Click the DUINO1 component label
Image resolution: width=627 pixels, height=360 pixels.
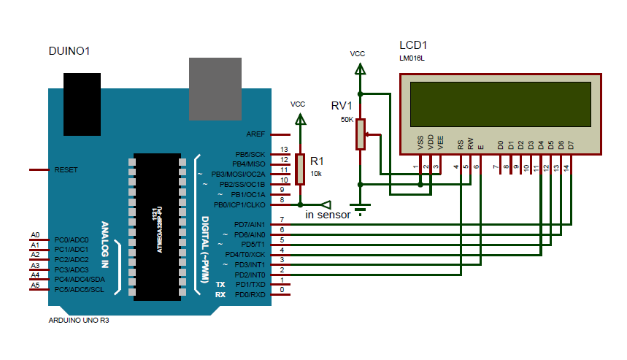(x=69, y=51)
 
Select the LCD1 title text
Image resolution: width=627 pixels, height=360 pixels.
(x=414, y=45)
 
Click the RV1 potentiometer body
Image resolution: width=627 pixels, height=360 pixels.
(x=360, y=134)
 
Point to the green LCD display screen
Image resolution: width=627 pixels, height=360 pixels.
(x=501, y=104)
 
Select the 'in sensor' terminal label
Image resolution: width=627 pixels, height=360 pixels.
(x=328, y=215)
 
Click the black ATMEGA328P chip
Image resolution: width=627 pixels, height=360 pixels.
(x=157, y=226)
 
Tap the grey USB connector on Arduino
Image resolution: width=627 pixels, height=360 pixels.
(x=215, y=88)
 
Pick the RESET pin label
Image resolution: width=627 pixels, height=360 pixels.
(x=66, y=169)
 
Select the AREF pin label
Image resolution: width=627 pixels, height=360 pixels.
(x=255, y=135)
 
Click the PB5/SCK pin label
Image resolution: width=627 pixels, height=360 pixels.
(x=250, y=155)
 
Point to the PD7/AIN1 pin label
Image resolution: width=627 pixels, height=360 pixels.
(x=250, y=224)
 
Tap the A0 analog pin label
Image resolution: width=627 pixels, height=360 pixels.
(x=34, y=234)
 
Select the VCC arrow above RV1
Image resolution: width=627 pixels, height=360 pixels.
(x=359, y=69)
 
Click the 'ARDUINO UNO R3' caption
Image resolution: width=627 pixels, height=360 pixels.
(x=79, y=321)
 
